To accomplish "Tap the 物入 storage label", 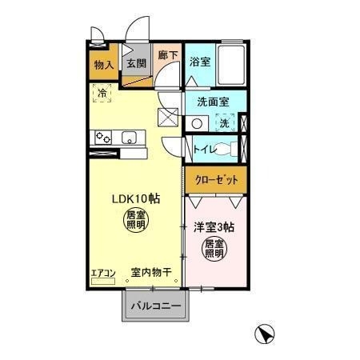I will click(103, 65).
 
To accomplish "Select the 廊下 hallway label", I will click(166, 56).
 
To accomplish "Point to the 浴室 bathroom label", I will click(200, 62).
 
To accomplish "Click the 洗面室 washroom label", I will click(214, 102).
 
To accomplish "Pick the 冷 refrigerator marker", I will click(103, 94).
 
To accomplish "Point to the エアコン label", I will click(102, 273).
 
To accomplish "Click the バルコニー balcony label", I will click(155, 306).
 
